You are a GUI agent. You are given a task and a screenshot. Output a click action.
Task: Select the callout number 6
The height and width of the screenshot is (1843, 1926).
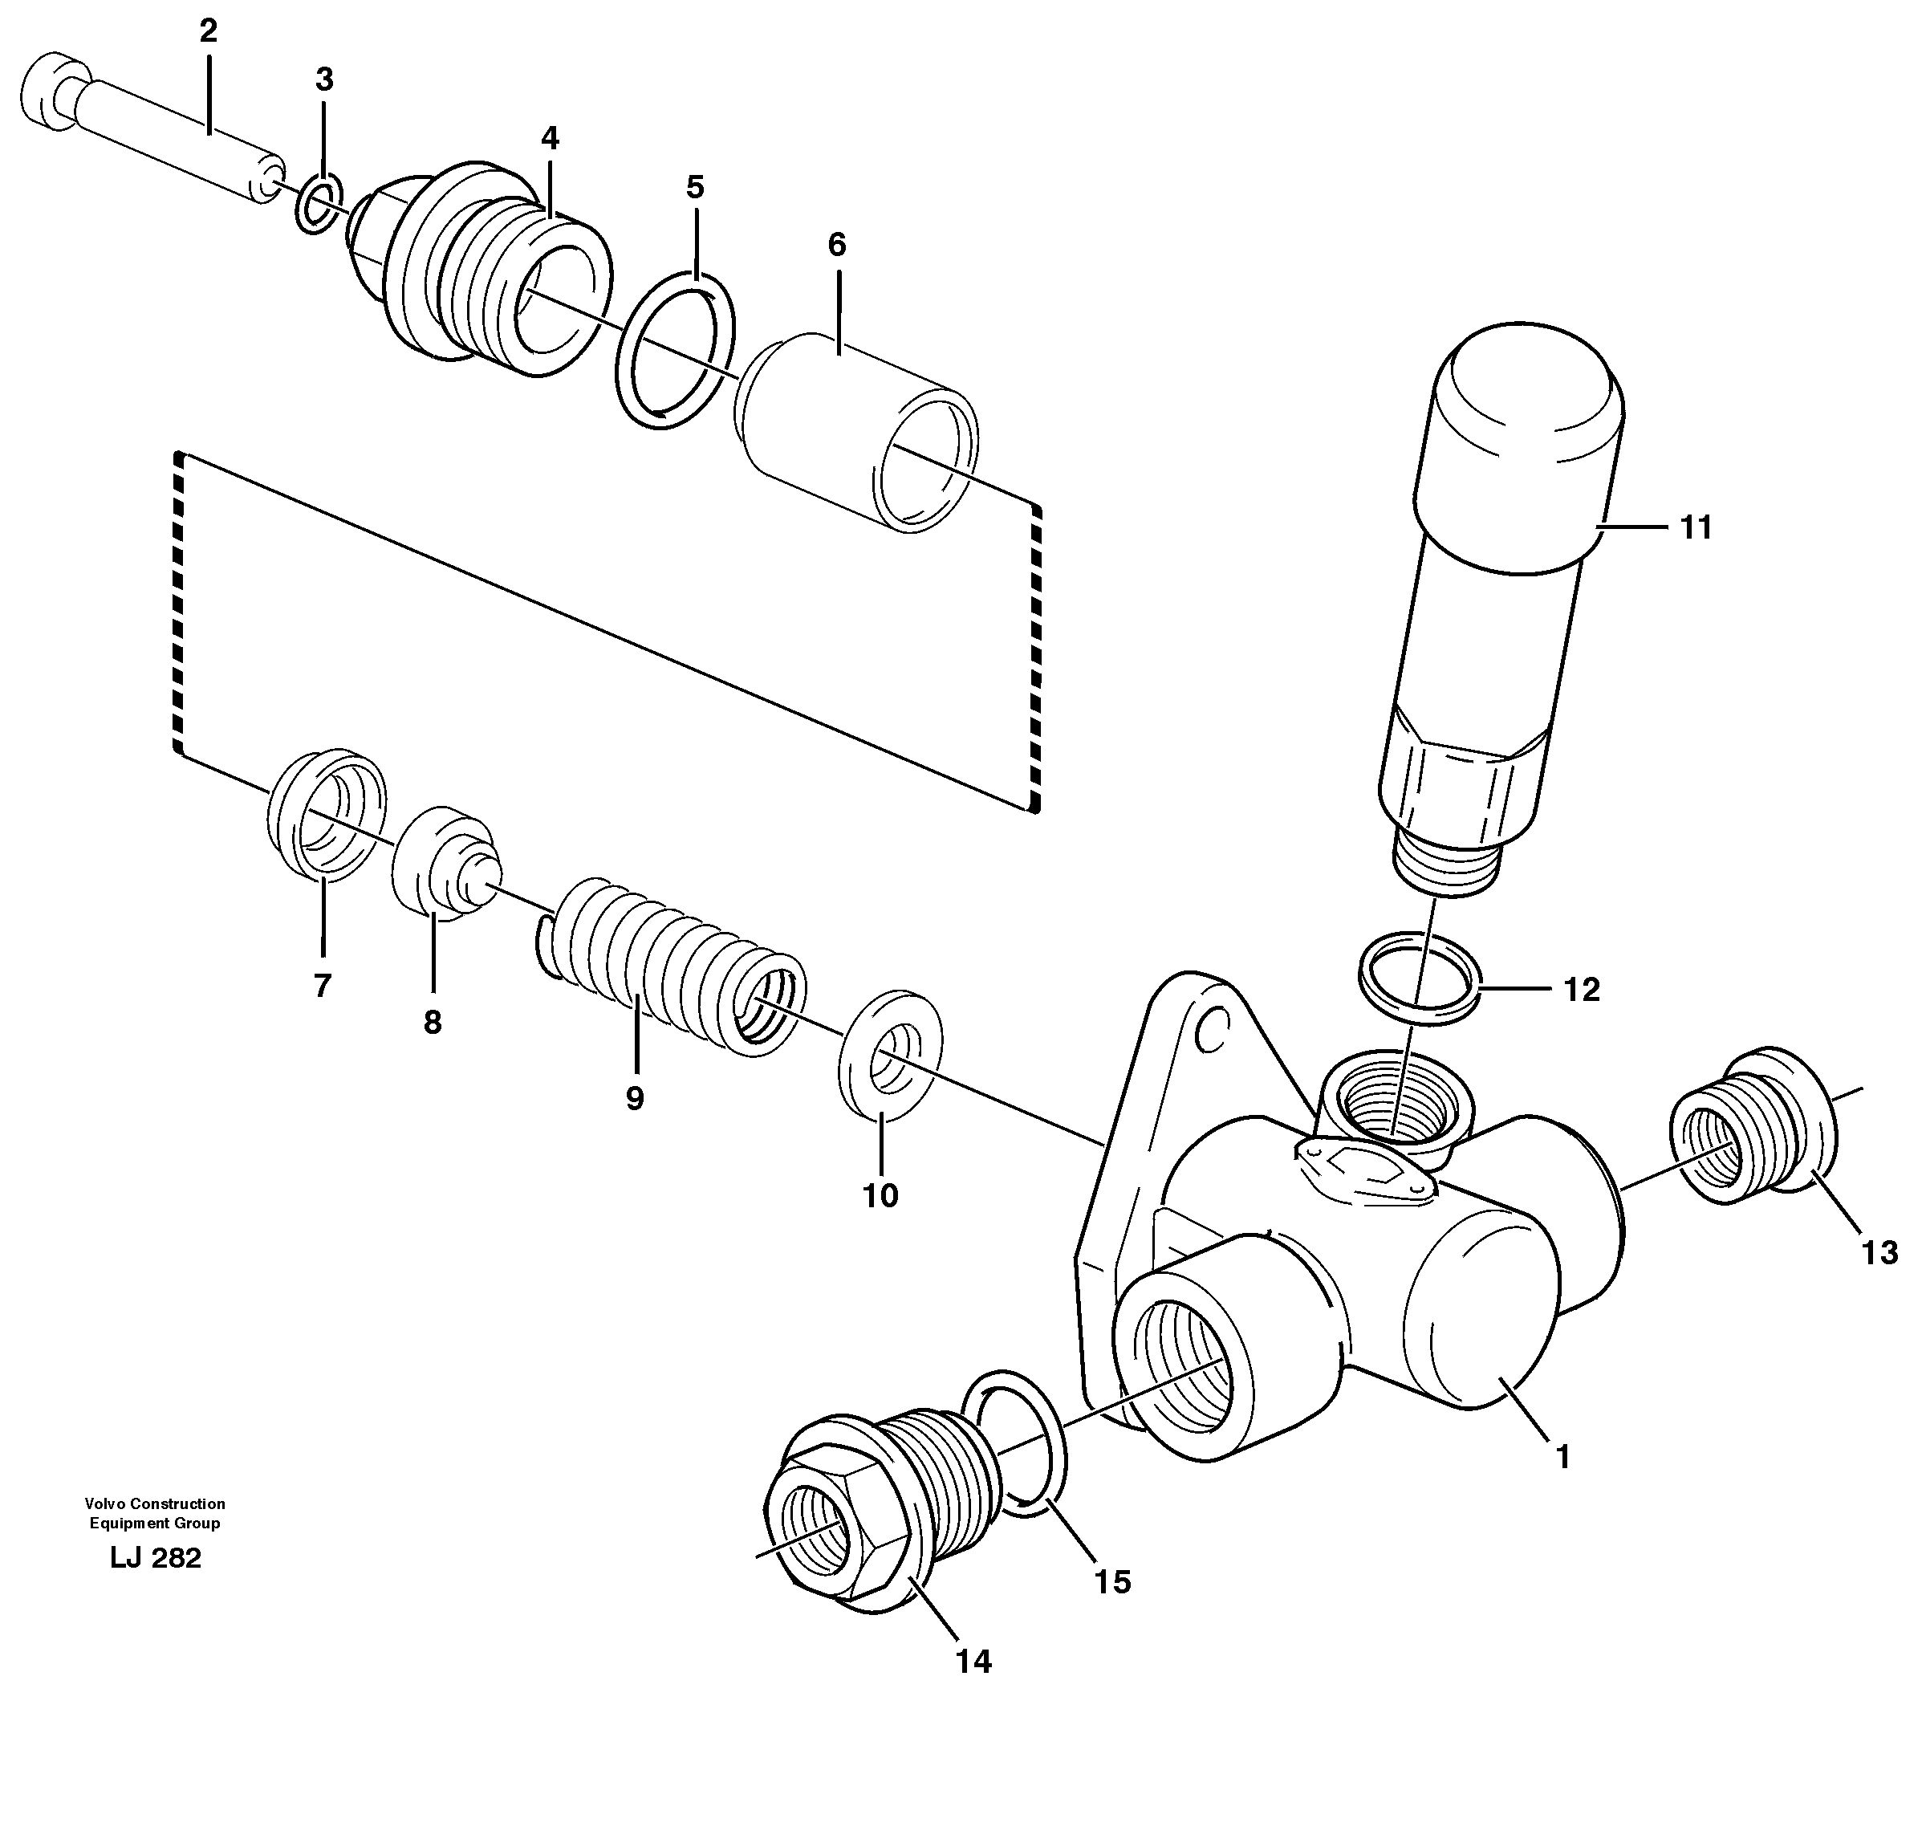pyautogui.click(x=836, y=245)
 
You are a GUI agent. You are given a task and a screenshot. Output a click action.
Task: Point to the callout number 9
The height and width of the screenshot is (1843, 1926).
pyautogui.click(x=635, y=1098)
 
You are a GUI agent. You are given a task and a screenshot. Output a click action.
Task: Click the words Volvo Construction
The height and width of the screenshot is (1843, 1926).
pyautogui.click(x=155, y=1503)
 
